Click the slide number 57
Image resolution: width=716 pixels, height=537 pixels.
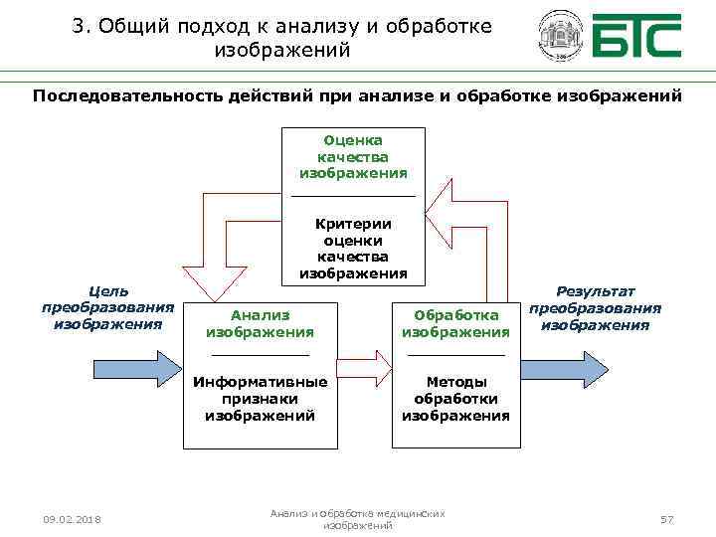[667, 520]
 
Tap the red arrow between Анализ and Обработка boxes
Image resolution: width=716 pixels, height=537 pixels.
[367, 368]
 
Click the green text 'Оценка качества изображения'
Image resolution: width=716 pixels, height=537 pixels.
[353, 157]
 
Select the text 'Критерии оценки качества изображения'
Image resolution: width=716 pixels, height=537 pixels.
[353, 249]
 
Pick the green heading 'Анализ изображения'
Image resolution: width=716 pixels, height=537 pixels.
[260, 324]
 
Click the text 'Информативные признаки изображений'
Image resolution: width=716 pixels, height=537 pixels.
[260, 399]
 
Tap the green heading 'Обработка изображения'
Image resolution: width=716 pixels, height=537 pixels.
[455, 324]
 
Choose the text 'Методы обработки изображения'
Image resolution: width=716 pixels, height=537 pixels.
[455, 399]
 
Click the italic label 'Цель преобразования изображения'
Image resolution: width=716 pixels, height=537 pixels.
[107, 307]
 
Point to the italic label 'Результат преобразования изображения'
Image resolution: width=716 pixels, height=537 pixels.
[595, 307]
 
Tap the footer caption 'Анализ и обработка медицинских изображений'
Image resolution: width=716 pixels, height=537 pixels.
[358, 518]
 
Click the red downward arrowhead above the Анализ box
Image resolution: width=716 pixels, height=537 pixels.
[217, 283]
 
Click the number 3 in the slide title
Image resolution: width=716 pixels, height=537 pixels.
[79, 27]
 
